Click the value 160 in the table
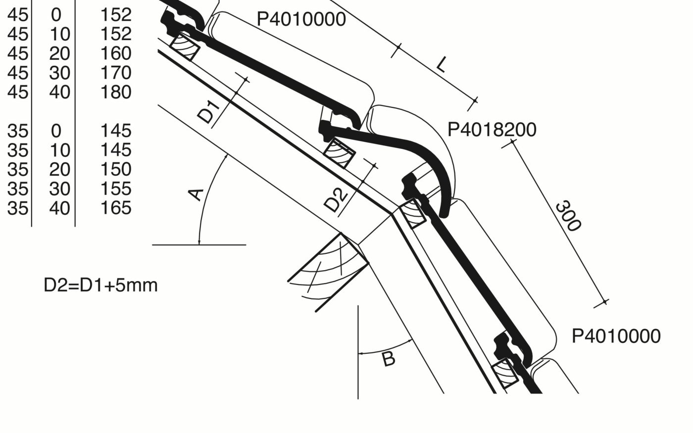[116, 53]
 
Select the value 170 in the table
[116, 73]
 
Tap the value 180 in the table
[116, 92]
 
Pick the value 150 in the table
[116, 169]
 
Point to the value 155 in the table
[116, 189]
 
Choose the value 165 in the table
[116, 208]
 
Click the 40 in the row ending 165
[59, 208]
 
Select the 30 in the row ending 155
[59, 189]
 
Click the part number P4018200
[492, 130]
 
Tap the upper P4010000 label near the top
[301, 19]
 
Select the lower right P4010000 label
[616, 336]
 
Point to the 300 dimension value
[567, 216]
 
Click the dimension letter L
[442, 64]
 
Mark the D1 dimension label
[207, 112]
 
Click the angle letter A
[197, 194]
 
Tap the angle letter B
[389, 359]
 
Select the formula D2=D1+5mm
[100, 286]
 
